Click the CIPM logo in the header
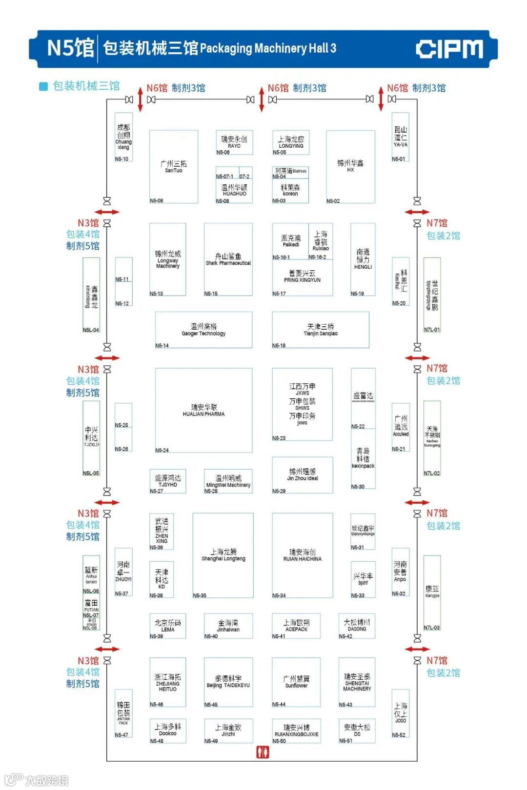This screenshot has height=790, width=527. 449,49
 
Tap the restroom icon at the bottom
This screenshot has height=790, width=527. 263,752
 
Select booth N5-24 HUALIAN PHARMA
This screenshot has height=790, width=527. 203,410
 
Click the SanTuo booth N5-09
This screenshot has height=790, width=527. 173,166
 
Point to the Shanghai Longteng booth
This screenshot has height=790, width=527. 223,555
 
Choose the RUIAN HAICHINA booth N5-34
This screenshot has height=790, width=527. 303,555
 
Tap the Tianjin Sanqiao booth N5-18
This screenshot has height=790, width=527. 320,330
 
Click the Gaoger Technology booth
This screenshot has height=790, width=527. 203,330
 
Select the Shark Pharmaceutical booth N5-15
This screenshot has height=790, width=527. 228,259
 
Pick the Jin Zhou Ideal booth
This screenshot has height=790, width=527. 302,474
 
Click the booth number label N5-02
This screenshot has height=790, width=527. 333,201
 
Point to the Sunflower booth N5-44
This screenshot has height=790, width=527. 296,682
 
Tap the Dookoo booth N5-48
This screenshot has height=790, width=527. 167,731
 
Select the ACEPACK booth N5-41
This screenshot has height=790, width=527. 296,626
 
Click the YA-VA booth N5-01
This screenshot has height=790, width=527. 400,137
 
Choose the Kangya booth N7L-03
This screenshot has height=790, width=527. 432,592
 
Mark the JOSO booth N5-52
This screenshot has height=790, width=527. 400,713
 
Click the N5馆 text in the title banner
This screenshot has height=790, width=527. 70,48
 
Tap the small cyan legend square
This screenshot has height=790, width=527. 43,86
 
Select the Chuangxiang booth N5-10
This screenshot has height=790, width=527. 123,137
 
